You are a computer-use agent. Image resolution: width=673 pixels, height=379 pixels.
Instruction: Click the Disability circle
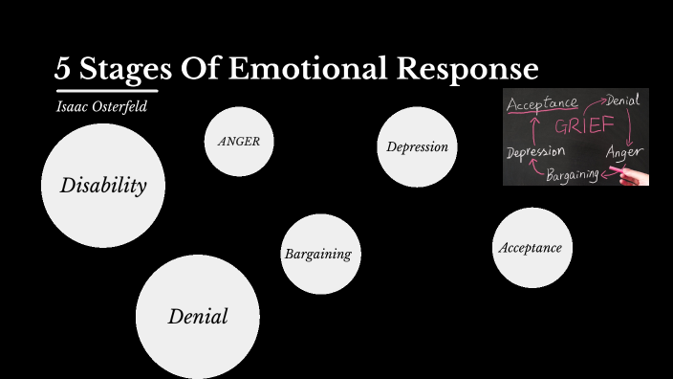pyautogui.click(x=103, y=185)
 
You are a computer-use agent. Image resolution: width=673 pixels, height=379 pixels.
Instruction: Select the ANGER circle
pyautogui.click(x=239, y=141)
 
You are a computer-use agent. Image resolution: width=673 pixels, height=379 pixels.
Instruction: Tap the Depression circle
pyautogui.click(x=417, y=146)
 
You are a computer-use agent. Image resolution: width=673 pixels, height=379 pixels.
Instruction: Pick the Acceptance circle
pyautogui.click(x=531, y=248)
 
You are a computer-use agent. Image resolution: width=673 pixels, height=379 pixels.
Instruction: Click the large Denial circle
pyautogui.click(x=198, y=316)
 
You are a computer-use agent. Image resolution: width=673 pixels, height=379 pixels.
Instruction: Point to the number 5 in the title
pyautogui.click(x=62, y=70)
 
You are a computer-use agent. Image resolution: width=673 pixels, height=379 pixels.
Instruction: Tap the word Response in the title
pyautogui.click(x=474, y=70)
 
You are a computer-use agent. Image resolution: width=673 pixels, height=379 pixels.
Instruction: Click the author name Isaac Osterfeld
pyautogui.click(x=100, y=105)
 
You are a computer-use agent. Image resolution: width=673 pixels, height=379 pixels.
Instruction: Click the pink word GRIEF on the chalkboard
pyautogui.click(x=579, y=126)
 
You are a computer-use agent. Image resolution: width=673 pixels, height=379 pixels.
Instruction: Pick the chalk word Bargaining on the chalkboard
pyautogui.click(x=573, y=175)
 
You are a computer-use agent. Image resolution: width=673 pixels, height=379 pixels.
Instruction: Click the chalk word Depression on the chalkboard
pyautogui.click(x=535, y=151)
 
